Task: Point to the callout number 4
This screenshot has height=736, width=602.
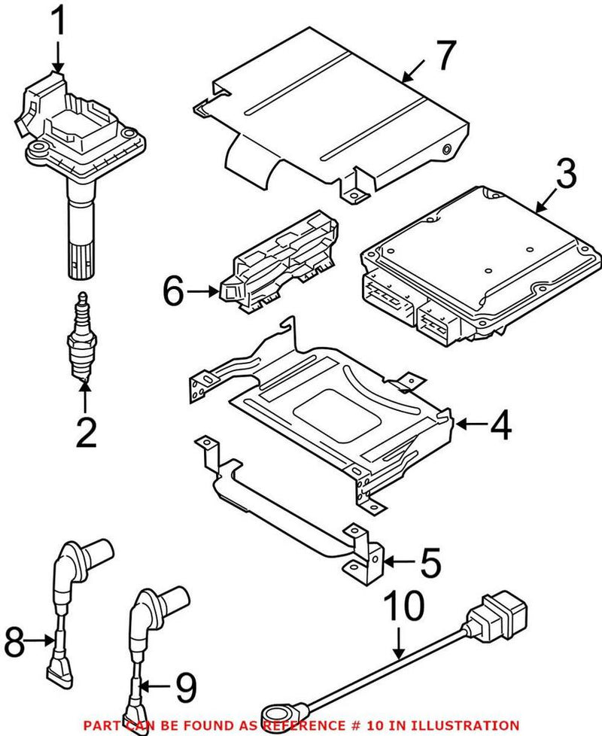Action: point(497,425)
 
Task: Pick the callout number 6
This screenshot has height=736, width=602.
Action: point(173,291)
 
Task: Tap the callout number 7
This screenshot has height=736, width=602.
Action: point(445,54)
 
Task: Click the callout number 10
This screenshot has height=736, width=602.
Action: point(404,607)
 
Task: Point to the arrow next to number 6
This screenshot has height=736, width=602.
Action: point(202,290)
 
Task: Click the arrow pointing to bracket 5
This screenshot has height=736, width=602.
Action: point(398,561)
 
